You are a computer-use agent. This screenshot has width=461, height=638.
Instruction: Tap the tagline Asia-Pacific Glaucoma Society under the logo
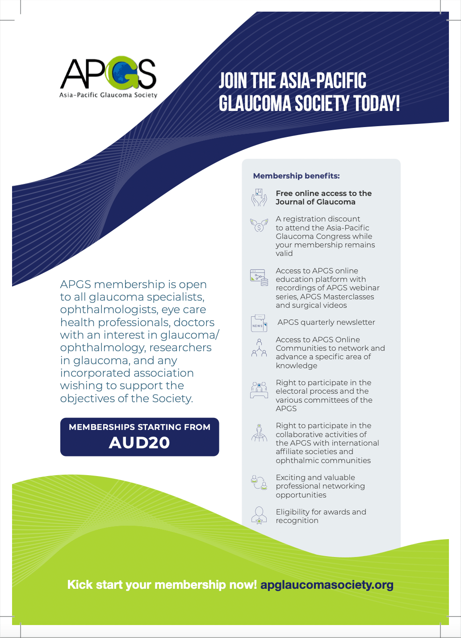point(109,95)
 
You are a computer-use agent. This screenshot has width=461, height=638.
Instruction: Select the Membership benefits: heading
point(296,176)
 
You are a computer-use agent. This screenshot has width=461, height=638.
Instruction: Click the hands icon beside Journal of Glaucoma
point(259,197)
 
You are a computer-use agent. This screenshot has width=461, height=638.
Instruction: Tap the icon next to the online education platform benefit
point(259,277)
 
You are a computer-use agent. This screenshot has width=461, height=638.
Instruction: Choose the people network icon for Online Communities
point(259,348)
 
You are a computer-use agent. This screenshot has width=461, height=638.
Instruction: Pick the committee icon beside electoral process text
point(259,390)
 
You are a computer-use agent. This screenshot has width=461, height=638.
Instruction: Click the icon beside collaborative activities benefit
point(259,433)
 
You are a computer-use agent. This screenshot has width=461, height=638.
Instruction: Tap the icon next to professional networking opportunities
point(259,482)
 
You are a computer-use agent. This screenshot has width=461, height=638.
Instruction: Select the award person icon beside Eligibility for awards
point(259,515)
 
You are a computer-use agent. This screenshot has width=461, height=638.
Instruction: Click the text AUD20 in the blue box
point(139,442)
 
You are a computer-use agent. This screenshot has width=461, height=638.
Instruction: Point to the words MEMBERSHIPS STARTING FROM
point(139,427)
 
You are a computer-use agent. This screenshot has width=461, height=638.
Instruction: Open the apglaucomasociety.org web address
point(327,585)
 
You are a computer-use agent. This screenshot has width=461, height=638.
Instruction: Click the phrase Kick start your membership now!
point(162,585)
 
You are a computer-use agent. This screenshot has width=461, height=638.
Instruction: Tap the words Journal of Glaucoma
point(315,202)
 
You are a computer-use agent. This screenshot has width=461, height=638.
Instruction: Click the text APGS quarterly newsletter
point(326,322)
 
